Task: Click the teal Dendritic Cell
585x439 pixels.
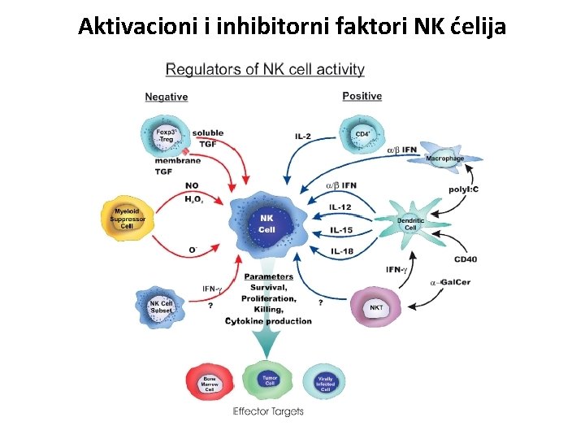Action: [410, 223]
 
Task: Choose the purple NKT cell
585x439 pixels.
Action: [376, 307]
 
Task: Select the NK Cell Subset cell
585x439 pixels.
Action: [162, 307]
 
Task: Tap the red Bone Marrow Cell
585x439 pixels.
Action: [208, 382]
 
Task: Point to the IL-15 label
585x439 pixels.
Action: [340, 230]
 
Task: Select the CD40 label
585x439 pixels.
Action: [466, 259]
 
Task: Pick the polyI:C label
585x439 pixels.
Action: [463, 189]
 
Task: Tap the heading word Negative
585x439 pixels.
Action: [167, 97]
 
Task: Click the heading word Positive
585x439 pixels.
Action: [362, 96]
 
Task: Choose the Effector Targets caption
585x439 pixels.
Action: [268, 411]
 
